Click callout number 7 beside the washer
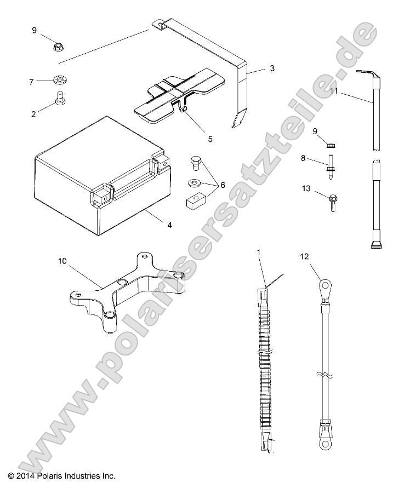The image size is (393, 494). pos(31,82)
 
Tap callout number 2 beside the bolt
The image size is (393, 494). pos(33,114)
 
